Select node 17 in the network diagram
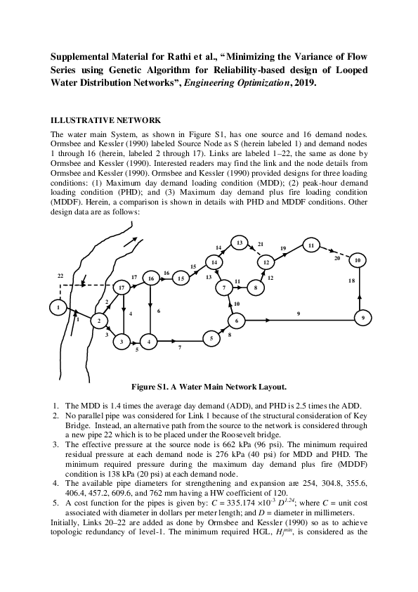[122, 288]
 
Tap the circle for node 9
[363, 318]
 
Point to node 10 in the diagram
[358, 260]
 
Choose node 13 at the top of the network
[240, 243]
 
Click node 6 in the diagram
[237, 321]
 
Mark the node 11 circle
[310, 245]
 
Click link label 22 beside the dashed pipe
[60, 275]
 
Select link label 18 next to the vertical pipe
[352, 281]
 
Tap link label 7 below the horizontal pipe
[180, 347]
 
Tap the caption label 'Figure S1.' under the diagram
[150, 386]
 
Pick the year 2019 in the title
[304, 82]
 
